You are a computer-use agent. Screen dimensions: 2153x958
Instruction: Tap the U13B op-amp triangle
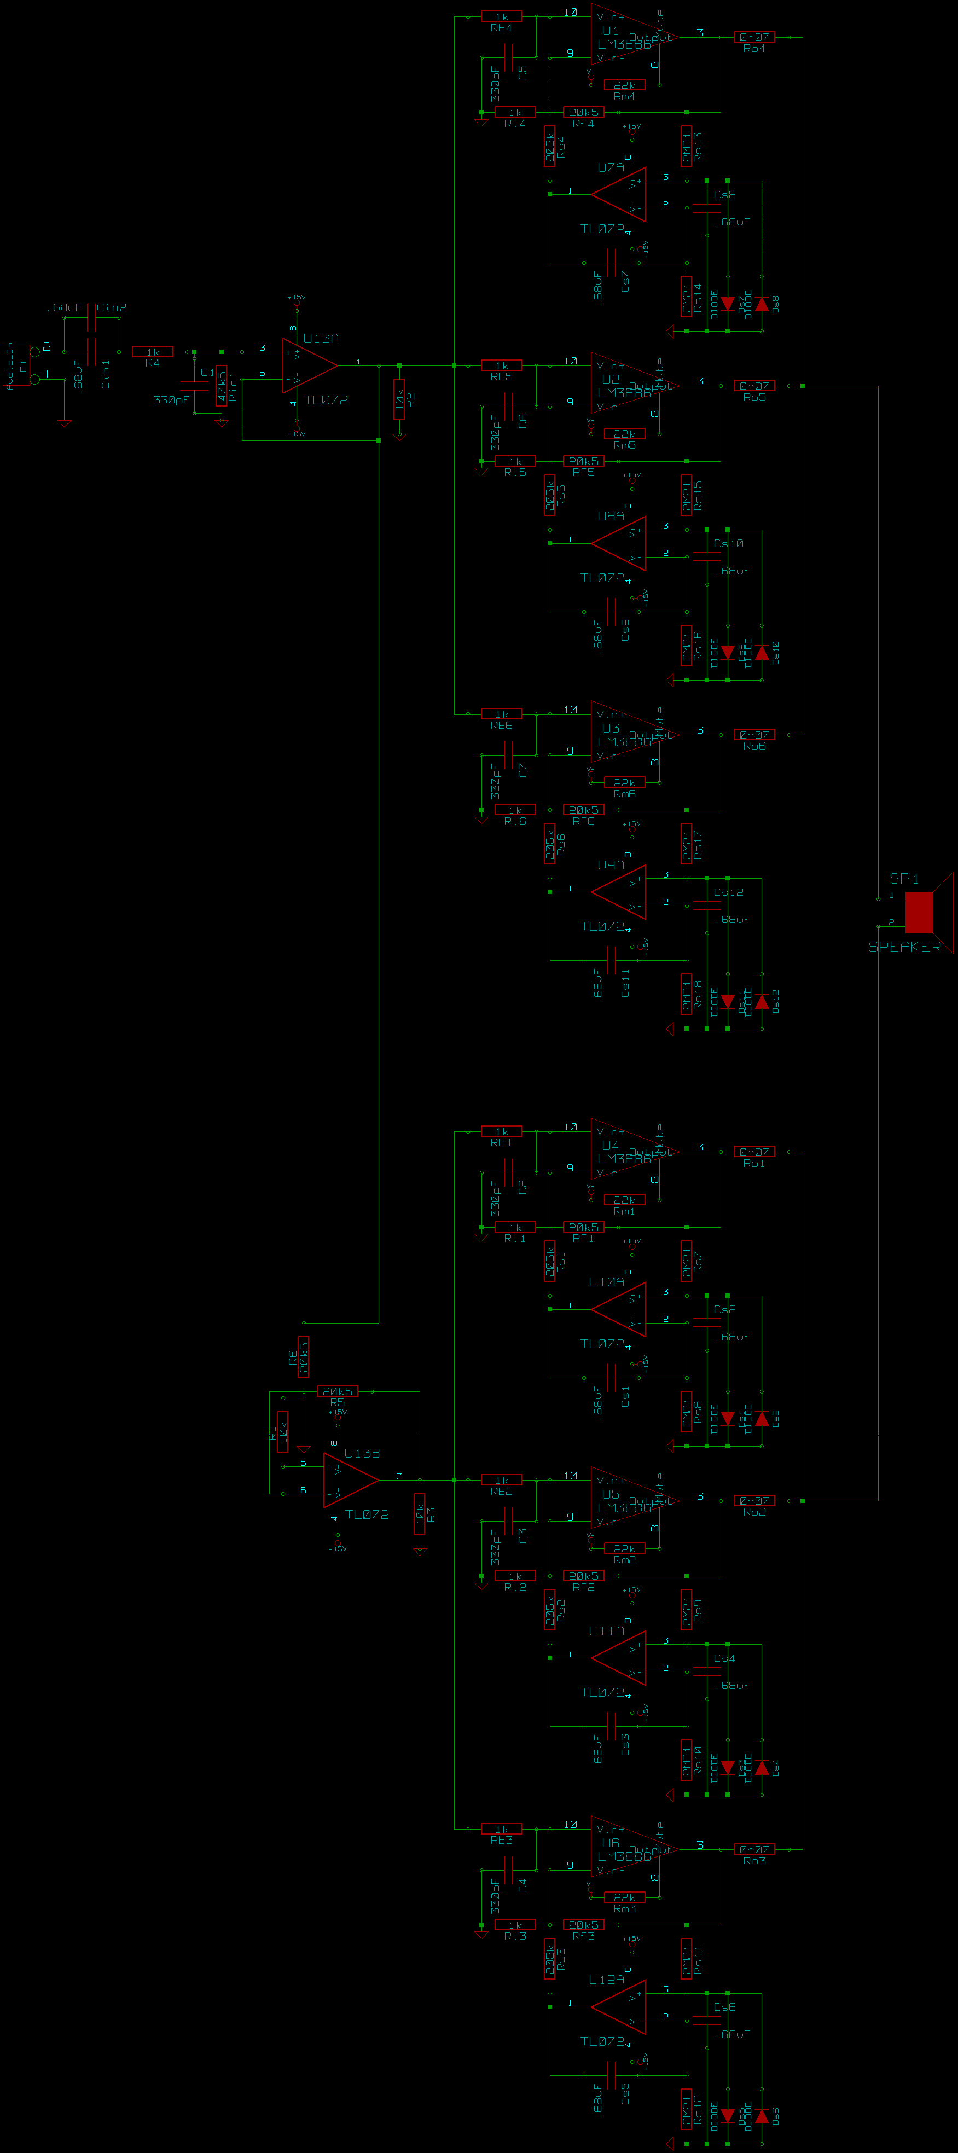[x=350, y=1479]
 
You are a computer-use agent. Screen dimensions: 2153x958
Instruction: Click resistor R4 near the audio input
[x=152, y=352]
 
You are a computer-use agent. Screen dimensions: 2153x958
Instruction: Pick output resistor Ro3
[x=754, y=1849]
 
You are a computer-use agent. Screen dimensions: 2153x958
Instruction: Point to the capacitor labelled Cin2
[x=91, y=321]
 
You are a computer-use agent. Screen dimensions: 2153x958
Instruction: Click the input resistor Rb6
[x=502, y=715]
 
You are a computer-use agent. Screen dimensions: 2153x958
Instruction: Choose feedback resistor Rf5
[x=583, y=461]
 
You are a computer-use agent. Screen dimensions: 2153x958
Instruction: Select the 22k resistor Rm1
[x=624, y=1199]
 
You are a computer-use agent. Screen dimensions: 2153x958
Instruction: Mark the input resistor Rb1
[x=502, y=1131]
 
